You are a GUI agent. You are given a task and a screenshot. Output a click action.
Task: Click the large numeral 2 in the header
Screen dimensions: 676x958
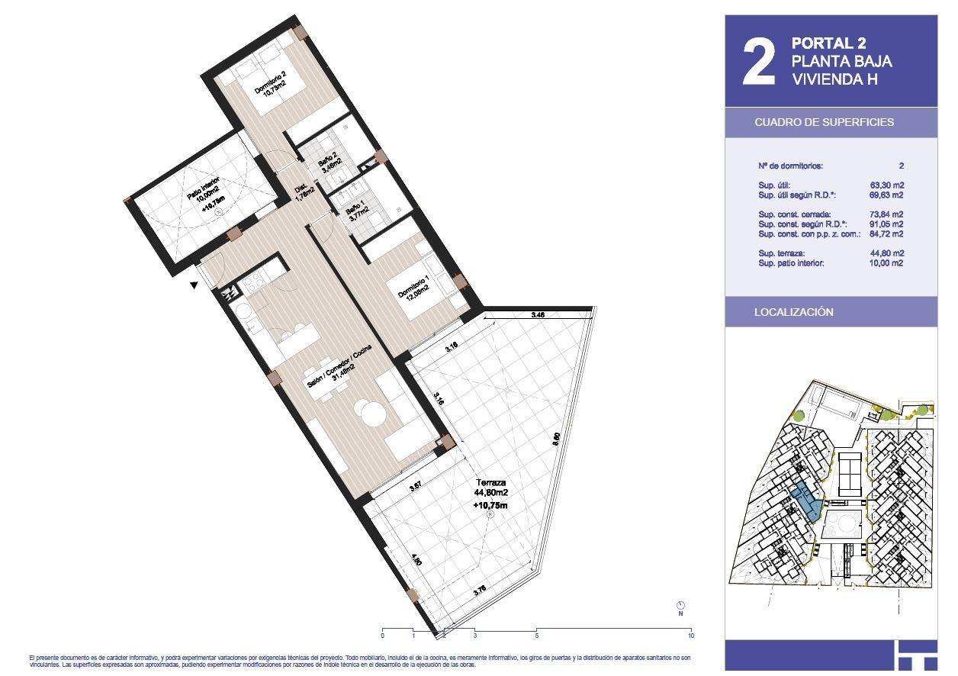[759, 63]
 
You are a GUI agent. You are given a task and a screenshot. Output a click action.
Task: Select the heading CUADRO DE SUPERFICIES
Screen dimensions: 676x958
[824, 122]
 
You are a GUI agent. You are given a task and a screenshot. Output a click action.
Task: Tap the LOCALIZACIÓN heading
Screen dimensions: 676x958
[793, 312]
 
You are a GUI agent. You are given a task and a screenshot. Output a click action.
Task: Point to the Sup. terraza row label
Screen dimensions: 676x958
[782, 253]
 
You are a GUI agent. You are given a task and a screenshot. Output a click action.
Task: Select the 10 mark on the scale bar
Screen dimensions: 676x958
[691, 635]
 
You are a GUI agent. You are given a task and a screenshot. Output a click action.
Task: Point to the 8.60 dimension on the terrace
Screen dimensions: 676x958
[556, 439]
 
